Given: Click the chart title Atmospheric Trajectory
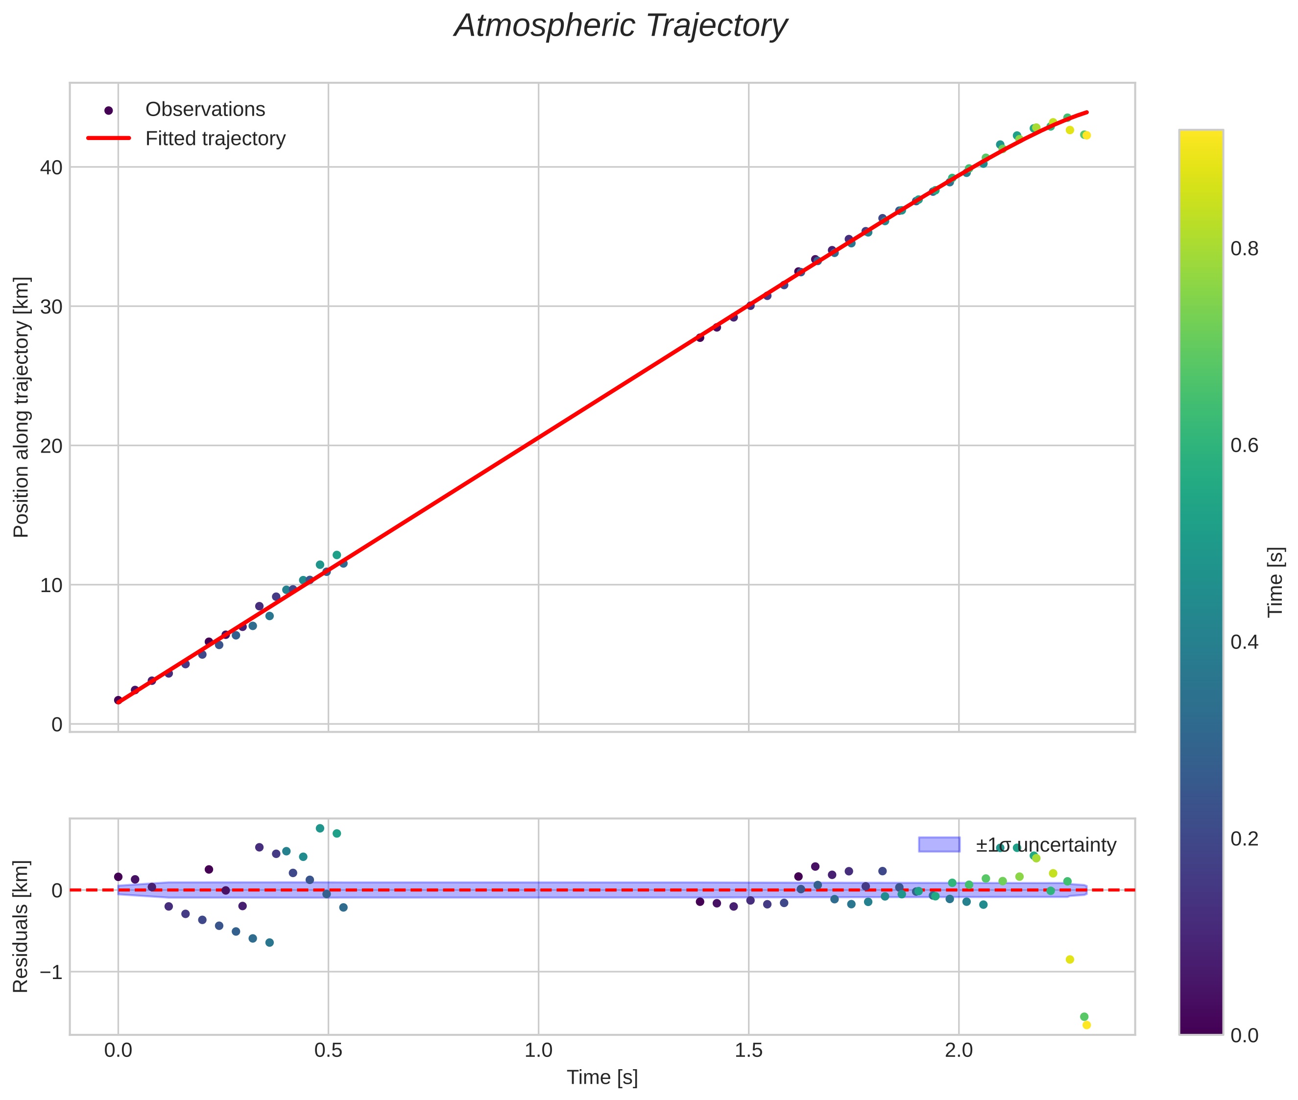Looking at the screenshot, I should pos(620,26).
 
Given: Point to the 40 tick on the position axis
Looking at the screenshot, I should pos(52,168).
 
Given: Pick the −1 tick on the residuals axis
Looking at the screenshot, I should pos(48,972).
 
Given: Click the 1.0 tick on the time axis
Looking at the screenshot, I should pos(538,1051).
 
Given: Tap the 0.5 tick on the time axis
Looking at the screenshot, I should pos(328,1051).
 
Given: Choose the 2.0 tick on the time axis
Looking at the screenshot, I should pos(959,1051).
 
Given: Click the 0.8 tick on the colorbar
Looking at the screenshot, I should pos(1244,249).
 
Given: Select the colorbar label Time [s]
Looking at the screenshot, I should pos(1276,582).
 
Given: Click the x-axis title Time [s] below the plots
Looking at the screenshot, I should pos(602,1078).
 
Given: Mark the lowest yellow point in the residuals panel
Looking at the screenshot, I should pos(1086,1025).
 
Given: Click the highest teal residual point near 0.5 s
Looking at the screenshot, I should pos(320,828).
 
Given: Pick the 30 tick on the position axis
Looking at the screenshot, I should pos(52,307).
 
